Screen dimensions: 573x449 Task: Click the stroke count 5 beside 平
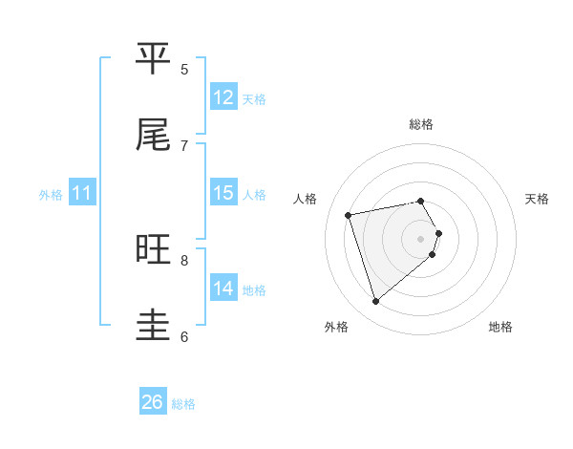tap(184, 69)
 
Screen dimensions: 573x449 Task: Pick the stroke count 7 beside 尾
tap(184, 145)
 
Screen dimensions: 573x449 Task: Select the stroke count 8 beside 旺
tap(184, 260)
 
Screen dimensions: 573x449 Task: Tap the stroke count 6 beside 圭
tap(184, 336)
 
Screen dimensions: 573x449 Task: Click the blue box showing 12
tap(223, 97)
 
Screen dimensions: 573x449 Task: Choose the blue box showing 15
tap(223, 193)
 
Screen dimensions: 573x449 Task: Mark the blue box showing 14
tap(223, 289)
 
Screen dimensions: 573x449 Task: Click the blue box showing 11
tap(82, 193)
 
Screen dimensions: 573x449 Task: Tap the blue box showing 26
tap(153, 402)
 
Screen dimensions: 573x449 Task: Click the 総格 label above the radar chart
tap(421, 124)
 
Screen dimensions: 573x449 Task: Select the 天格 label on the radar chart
tap(538, 199)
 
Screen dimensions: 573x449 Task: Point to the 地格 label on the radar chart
tap(500, 327)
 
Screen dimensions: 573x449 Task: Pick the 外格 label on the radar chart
tap(336, 327)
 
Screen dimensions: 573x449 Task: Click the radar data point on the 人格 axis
tap(349, 215)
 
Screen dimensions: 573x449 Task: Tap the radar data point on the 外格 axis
tap(375, 302)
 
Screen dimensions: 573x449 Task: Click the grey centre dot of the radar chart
tap(421, 237)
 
